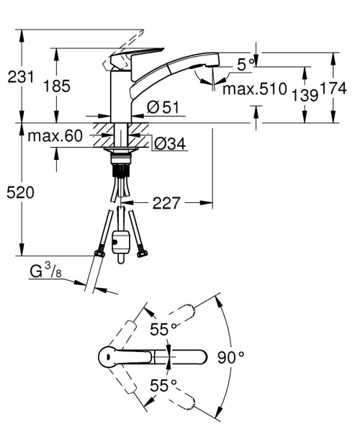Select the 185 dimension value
tap(57, 86)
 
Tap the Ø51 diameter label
tap(163, 107)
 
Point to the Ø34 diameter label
tap(169, 144)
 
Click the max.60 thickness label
tap(55, 135)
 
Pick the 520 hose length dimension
tap(21, 193)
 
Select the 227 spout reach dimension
tap(166, 204)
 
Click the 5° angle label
tap(246, 64)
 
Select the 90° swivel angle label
tap(231, 356)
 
